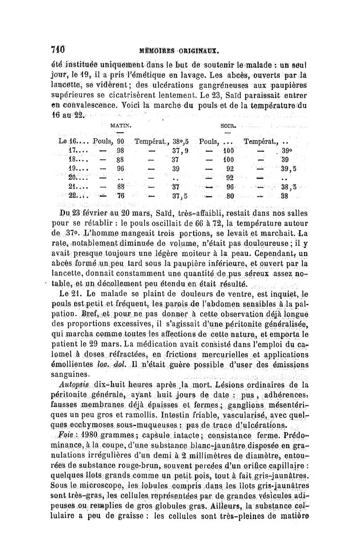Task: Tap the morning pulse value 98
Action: (120, 150)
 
